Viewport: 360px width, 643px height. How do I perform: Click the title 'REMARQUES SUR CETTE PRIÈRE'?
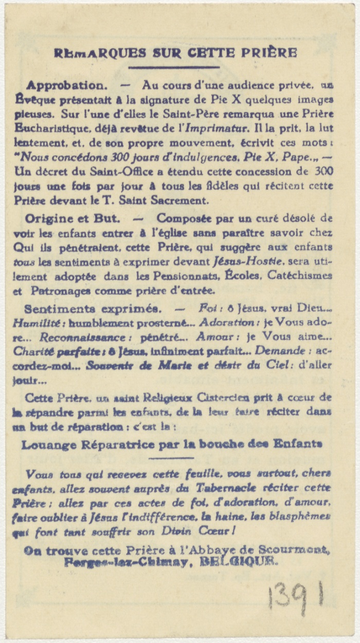point(175,52)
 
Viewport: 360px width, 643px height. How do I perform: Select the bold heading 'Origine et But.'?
point(67,218)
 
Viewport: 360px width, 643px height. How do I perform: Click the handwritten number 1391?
point(295,596)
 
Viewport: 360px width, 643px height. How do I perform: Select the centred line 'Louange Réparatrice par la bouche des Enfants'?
point(172,444)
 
